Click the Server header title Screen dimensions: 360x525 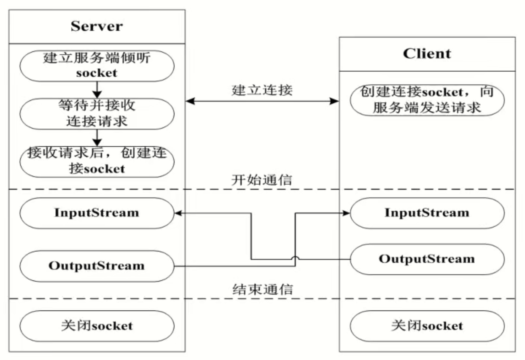(97, 26)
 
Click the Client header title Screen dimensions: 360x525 (427, 54)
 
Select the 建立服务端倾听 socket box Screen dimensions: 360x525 (97, 66)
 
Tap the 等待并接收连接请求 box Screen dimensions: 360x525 (97, 114)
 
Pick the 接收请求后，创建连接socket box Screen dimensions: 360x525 (97, 161)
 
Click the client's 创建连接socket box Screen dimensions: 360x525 (427, 100)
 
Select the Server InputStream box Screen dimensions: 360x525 (97, 213)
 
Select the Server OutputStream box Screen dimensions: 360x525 (97, 266)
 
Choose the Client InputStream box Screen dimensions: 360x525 (427, 213)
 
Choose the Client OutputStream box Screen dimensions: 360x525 (427, 259)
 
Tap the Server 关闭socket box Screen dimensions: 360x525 (97, 326)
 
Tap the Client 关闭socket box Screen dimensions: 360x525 (427, 326)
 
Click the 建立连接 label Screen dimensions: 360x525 (262, 90)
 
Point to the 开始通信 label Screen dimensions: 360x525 (262, 180)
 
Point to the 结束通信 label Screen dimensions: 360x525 (262, 289)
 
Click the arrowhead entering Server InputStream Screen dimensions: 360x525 (178, 213)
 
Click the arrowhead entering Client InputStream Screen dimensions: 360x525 (346, 213)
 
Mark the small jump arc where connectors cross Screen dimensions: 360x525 (295, 258)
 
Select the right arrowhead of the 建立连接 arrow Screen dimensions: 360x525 (335, 101)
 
